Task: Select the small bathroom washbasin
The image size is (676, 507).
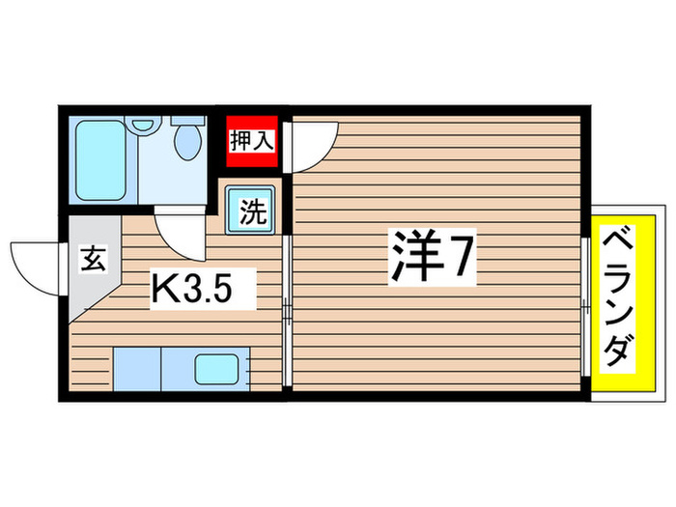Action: [145, 125]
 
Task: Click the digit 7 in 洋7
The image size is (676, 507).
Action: [462, 257]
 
